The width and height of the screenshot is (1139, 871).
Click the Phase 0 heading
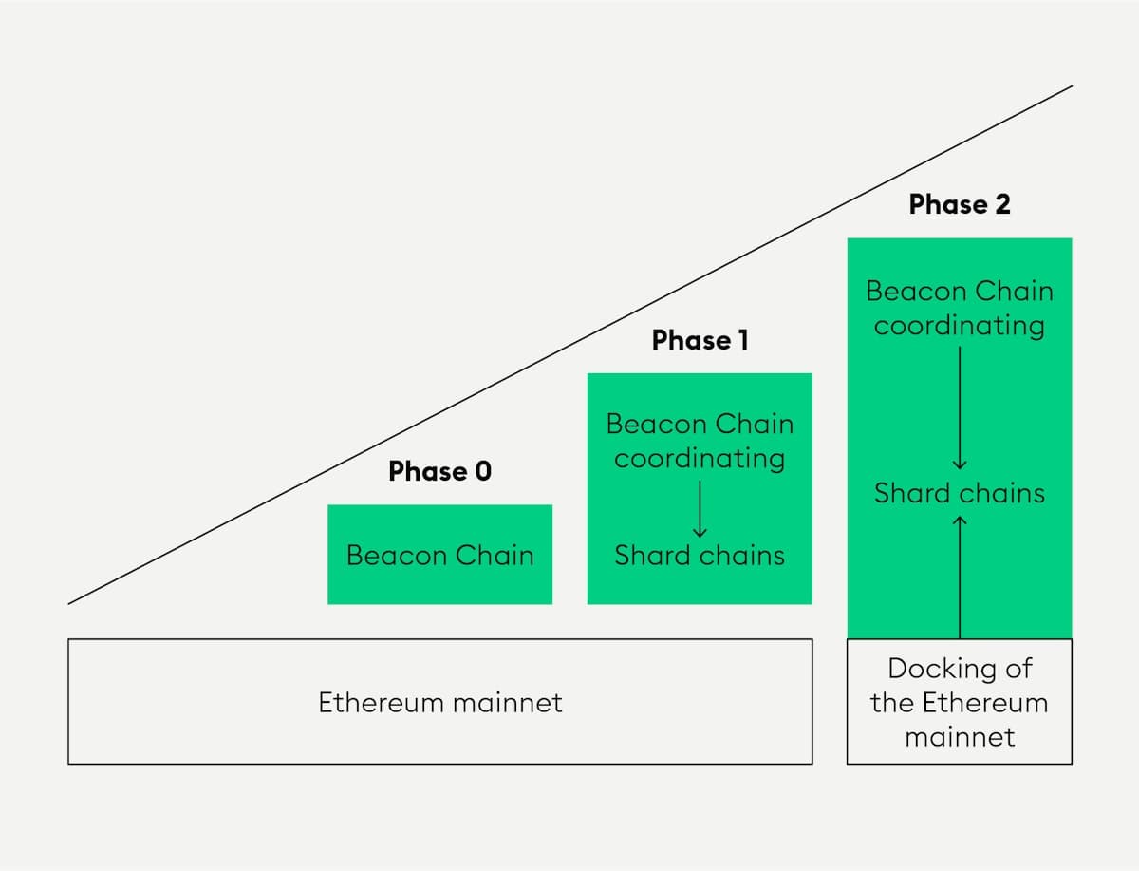(439, 471)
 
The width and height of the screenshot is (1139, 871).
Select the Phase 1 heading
(700, 340)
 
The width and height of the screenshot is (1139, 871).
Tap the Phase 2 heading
(960, 204)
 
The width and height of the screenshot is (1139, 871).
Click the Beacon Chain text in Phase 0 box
(439, 555)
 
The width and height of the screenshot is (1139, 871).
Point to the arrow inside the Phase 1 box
(700, 507)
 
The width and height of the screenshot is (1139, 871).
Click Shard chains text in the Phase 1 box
(700, 555)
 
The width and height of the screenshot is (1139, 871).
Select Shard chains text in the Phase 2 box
(960, 493)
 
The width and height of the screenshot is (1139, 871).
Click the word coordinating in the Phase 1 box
(700, 458)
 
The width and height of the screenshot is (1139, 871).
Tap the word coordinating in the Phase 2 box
(960, 326)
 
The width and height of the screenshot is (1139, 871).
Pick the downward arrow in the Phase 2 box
(960, 408)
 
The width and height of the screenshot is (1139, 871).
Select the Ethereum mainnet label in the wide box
(439, 703)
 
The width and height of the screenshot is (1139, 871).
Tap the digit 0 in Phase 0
(483, 471)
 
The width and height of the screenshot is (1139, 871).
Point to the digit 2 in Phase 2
(1002, 204)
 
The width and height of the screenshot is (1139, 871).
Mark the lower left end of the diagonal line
(69, 602)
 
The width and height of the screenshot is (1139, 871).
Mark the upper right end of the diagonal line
(1072, 86)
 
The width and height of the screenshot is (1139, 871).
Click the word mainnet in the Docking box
(960, 737)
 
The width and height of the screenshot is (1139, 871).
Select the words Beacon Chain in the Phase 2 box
(960, 291)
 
